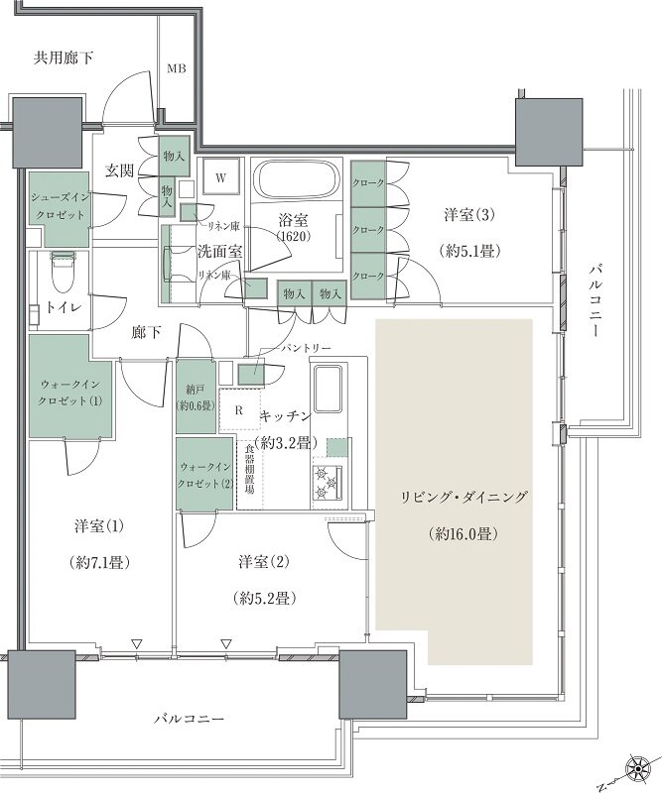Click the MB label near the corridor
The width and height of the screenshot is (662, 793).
[176, 68]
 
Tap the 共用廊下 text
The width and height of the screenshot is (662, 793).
[64, 58]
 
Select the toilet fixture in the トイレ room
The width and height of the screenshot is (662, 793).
[63, 270]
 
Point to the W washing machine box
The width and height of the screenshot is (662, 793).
[222, 177]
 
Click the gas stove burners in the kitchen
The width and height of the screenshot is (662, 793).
[328, 482]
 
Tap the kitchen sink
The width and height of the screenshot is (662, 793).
[327, 389]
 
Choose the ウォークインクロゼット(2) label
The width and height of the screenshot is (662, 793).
[205, 475]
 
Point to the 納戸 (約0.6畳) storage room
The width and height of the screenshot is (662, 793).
[194, 396]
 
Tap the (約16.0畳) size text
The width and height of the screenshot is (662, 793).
[465, 533]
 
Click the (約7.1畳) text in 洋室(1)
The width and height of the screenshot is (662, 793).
[96, 560]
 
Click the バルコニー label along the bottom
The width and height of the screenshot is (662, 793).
[190, 717]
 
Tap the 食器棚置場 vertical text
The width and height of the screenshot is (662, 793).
[251, 472]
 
